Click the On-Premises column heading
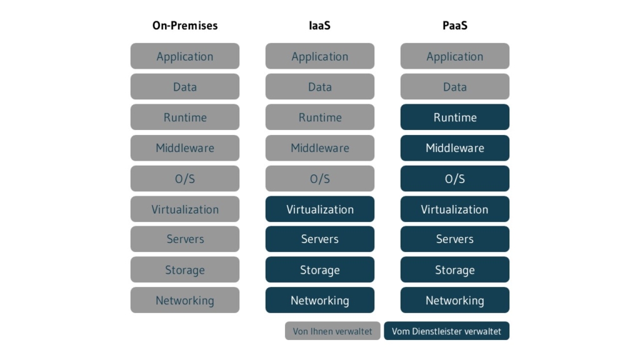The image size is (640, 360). coord(185,26)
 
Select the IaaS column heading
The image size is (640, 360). coord(320,26)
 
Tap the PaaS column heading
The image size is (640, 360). coord(455,26)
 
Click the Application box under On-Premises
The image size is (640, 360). coord(185,56)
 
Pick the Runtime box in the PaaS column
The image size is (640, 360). coord(455,117)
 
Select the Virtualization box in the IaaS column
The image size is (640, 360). coord(320,209)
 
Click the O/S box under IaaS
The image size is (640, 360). coord(320,179)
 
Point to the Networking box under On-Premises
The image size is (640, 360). coord(185,301)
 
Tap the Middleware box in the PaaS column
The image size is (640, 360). coord(455,148)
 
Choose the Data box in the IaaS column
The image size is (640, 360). coord(320,87)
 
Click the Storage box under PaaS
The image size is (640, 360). coord(455,270)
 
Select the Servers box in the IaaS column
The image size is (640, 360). coord(320,239)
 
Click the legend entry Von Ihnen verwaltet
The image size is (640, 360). coord(332,331)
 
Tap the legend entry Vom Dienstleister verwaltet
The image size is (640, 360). coord(447,331)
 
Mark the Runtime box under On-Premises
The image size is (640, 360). coord(185,117)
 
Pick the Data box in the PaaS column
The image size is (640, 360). coord(455,87)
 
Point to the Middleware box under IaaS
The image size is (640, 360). coord(320,148)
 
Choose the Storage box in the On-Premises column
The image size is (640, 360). coord(185,270)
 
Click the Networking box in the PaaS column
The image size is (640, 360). coord(455,301)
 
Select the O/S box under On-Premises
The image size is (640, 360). coord(185,179)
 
